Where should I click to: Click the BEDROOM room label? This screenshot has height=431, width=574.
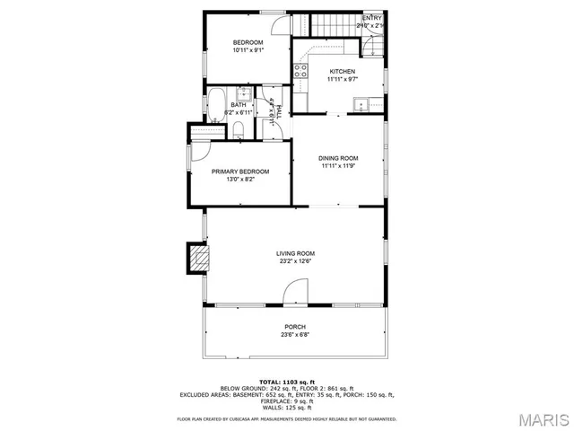[248, 43]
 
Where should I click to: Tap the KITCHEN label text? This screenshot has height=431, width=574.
[342, 72]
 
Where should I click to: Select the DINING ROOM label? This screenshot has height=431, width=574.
[339, 158]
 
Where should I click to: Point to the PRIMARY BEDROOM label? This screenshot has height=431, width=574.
[239, 172]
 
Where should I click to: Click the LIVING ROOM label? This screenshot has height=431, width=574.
[295, 253]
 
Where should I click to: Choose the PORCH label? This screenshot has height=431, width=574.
[295, 327]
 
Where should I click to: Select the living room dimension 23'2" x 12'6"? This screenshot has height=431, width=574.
[295, 262]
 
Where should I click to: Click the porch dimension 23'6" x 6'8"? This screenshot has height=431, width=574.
[295, 336]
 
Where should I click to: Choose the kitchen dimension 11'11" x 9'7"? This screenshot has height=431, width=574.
[342, 80]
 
